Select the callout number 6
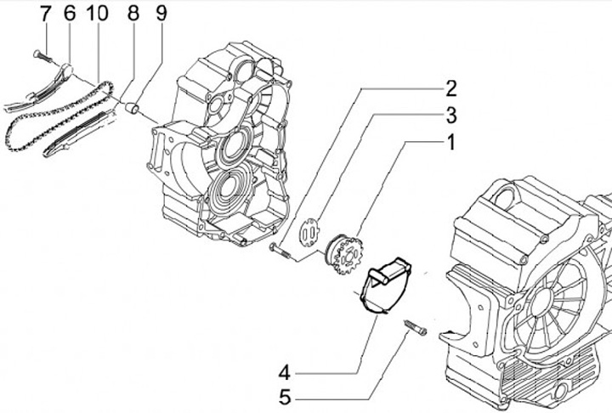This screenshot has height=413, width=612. pyautogui.click(x=69, y=14)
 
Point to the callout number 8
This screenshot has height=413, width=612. pyautogui.click(x=133, y=14)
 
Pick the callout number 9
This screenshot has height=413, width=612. pyautogui.click(x=161, y=14)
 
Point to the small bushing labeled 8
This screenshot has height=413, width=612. pyautogui.click(x=133, y=110)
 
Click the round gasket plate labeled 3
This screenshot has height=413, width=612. pyautogui.click(x=313, y=229)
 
